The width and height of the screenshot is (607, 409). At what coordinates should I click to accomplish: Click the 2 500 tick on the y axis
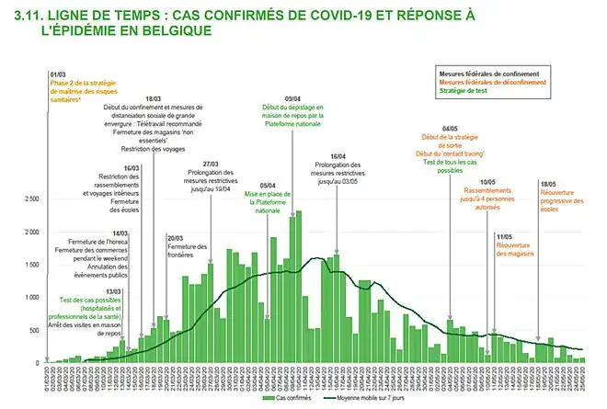click(30, 199)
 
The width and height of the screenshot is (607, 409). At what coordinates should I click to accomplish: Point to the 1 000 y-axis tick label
click(30, 297)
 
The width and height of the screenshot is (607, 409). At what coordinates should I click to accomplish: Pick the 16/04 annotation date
click(337, 157)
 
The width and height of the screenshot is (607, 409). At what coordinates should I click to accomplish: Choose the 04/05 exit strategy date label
click(451, 130)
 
